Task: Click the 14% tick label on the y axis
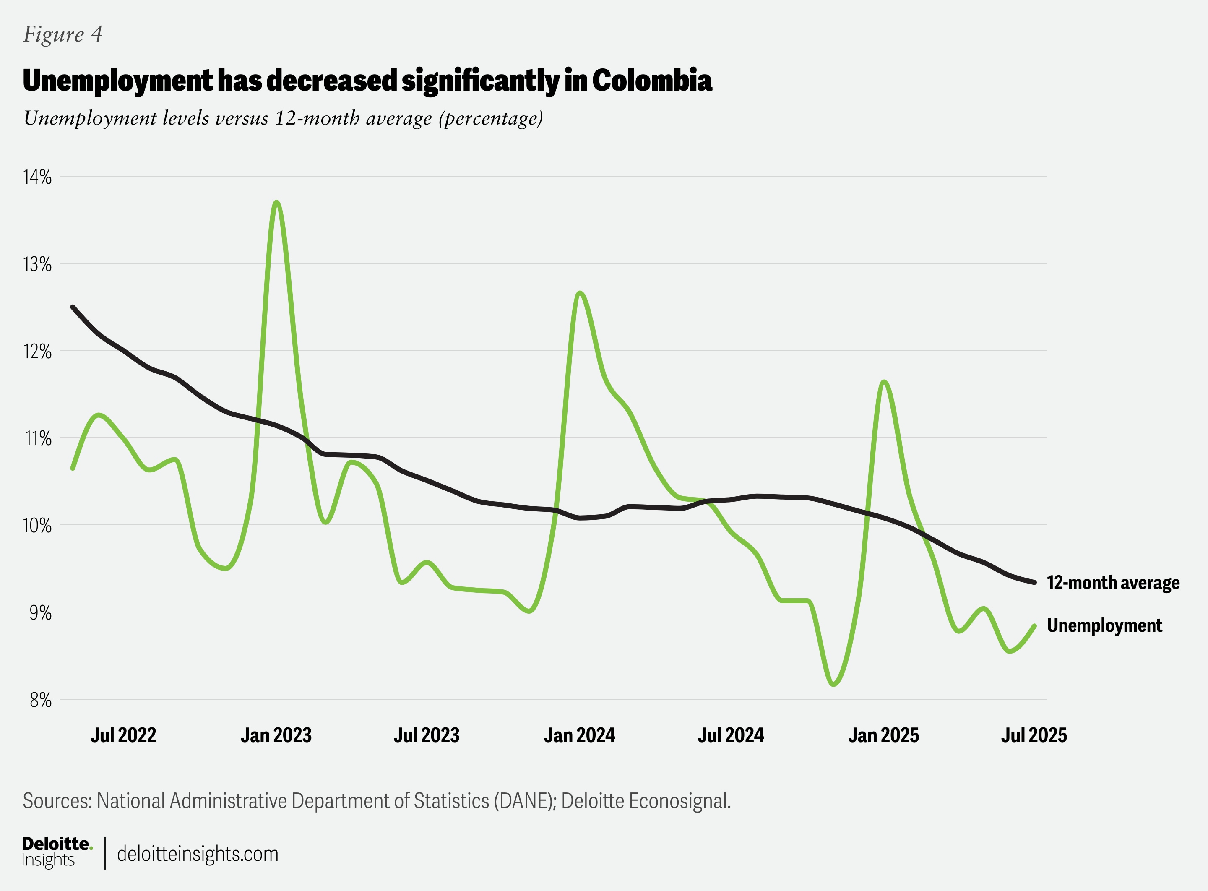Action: (36, 177)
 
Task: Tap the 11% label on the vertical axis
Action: (37, 438)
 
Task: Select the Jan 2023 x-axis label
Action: (276, 735)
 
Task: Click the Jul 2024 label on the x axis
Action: (731, 735)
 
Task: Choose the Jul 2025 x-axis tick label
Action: (1034, 735)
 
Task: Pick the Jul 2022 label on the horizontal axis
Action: (123, 735)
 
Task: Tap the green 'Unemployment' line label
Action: (1104, 625)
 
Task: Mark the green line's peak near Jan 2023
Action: (277, 202)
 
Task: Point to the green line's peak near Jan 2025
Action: (884, 382)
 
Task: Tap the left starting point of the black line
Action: (73, 307)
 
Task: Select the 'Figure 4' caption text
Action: (62, 34)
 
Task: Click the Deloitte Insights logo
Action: (57, 852)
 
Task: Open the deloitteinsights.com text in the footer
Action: (198, 854)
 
